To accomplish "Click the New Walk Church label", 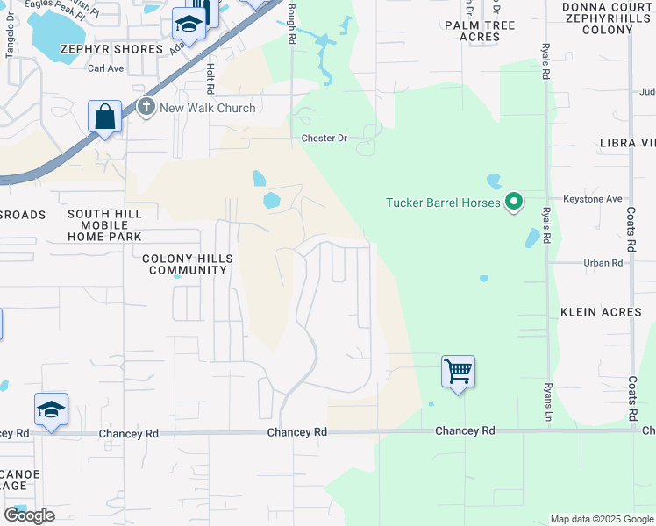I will (207, 108).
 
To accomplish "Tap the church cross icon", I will (146, 108).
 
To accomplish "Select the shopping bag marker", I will (104, 117).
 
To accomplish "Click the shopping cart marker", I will (458, 372).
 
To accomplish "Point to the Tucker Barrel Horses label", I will (443, 203).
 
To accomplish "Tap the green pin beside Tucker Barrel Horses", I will (514, 203).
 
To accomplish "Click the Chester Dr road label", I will (324, 139).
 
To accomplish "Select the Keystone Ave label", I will (592, 199).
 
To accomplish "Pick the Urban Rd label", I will (603, 262).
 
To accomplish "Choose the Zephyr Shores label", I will (111, 49).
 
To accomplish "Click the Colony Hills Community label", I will (185, 264).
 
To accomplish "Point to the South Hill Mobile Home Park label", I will (105, 225).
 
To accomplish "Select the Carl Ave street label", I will (105, 68).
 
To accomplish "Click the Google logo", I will (29, 515).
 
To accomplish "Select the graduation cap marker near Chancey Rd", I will (51, 409).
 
